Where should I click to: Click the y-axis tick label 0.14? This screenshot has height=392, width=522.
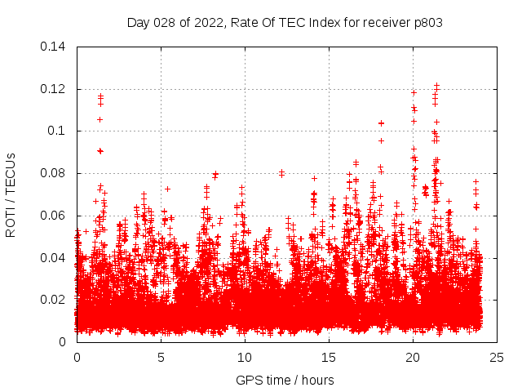54,47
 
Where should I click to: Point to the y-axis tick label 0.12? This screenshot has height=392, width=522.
54,89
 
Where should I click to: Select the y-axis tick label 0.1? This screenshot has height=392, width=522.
57,131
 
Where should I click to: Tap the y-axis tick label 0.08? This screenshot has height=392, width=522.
54,173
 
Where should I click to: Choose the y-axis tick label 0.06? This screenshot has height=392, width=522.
54,216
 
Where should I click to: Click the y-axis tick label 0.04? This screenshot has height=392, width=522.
54,258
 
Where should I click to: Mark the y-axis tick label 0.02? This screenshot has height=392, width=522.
54,300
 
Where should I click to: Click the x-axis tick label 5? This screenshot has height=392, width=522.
161,358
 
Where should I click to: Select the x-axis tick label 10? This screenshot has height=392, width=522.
245,358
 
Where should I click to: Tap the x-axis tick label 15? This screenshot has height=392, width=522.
329,358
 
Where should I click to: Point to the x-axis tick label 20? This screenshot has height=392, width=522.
413,358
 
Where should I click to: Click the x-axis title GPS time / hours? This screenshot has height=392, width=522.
285,380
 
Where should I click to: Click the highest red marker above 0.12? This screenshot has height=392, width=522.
436,85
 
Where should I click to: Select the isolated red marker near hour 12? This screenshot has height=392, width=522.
281,173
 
